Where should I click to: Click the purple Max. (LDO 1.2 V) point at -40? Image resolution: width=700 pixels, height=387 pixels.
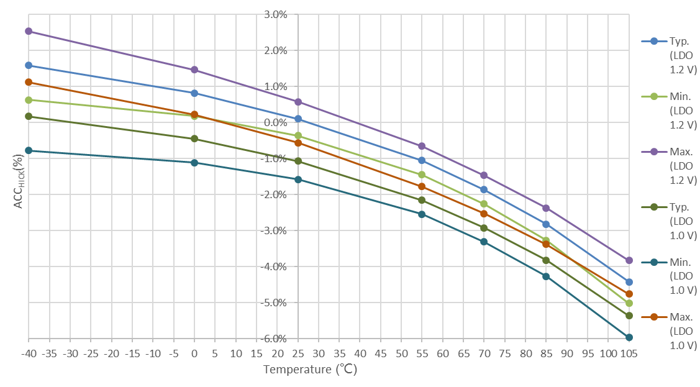pos(29,31)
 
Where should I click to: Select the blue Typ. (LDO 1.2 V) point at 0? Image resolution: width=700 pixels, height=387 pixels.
pos(194,93)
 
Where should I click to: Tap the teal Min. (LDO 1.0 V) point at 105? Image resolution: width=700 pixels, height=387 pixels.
pos(629,337)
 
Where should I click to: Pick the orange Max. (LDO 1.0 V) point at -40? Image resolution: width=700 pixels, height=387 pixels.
pos(29,82)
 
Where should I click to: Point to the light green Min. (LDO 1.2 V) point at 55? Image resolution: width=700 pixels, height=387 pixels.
pos(422,175)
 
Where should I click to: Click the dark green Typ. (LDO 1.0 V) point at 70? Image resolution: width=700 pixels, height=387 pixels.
pos(484,228)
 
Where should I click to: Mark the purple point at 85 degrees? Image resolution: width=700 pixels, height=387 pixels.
pos(546,208)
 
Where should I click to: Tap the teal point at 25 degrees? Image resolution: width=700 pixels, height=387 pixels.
pos(298,180)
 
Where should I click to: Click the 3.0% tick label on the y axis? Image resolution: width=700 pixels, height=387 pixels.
pos(276,14)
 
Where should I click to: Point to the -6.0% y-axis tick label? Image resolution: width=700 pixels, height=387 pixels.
pos(275,339)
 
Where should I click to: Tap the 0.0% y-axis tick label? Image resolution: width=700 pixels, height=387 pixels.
pos(276,122)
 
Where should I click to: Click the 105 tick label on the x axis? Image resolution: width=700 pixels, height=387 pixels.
pos(629,353)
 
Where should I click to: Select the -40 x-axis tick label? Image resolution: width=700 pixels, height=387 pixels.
pos(29,353)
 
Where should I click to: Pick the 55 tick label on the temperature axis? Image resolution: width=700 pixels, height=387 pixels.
pos(422,353)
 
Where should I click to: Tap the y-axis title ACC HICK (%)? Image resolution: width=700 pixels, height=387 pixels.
pos(19,180)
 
